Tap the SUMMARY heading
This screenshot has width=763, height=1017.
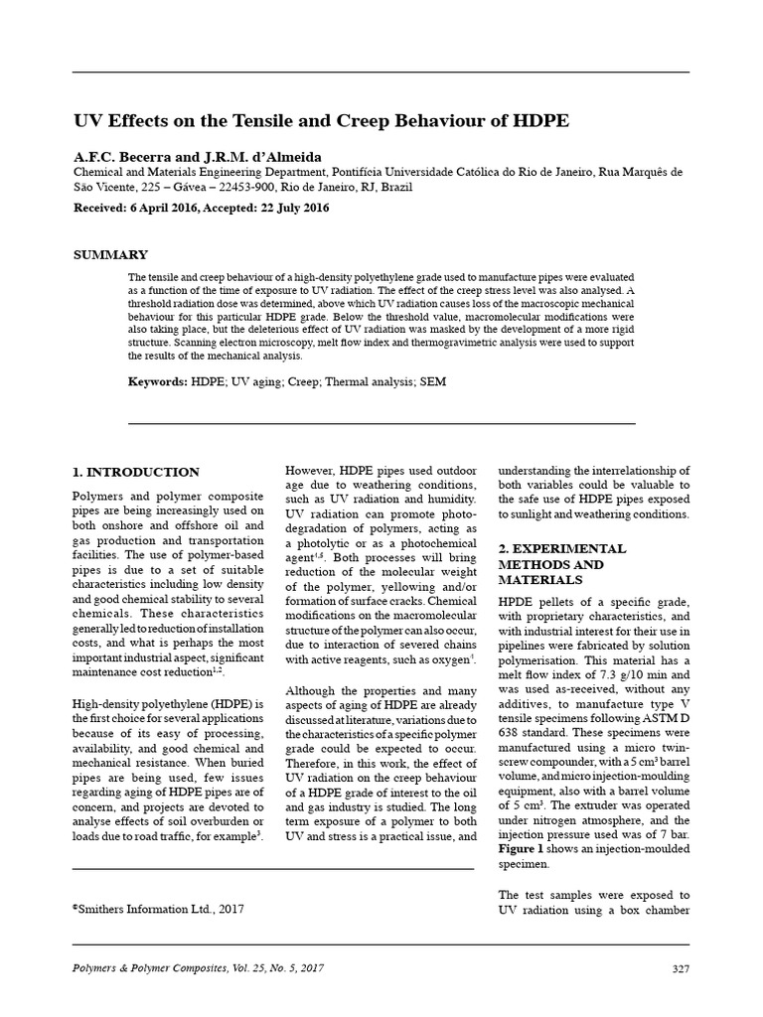(111, 254)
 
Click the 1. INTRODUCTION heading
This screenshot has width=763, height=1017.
(136, 472)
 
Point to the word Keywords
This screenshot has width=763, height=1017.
(157, 381)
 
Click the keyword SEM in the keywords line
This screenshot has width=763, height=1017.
(434, 381)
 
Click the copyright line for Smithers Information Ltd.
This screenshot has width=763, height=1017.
(159, 908)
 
